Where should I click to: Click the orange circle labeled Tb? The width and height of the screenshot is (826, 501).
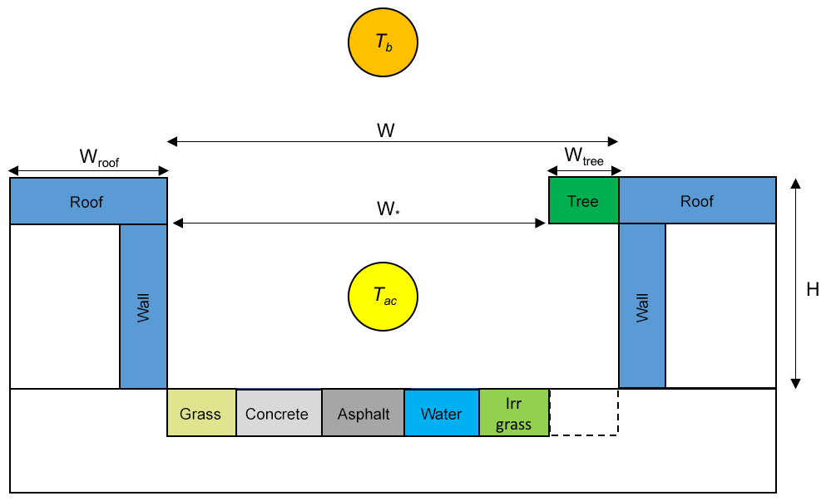pos(383,43)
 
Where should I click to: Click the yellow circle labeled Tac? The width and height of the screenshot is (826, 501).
pos(383,295)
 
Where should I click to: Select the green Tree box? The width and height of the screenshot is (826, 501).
pos(583,201)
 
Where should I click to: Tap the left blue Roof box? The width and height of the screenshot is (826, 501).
pos(87,201)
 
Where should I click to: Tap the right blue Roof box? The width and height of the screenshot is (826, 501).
pos(697,201)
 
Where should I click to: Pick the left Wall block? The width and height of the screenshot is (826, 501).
pos(144,306)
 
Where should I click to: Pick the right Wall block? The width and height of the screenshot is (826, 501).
pos(642,306)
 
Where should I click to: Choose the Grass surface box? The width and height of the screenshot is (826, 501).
pos(201,413)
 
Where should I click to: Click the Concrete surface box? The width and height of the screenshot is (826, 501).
pos(278,413)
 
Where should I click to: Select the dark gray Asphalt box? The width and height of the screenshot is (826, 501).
pos(364,413)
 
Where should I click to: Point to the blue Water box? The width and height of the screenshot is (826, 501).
pos(441,413)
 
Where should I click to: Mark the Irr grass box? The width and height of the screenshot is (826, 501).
pos(513,413)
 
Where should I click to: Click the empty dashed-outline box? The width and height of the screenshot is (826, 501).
pos(584,412)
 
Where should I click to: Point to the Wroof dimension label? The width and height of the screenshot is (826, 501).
pos(99,158)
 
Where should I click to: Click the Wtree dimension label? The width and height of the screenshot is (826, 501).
pos(583,156)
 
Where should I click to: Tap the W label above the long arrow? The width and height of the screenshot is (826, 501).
pos(385,131)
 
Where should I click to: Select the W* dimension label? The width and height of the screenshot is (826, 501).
pos(385,209)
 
